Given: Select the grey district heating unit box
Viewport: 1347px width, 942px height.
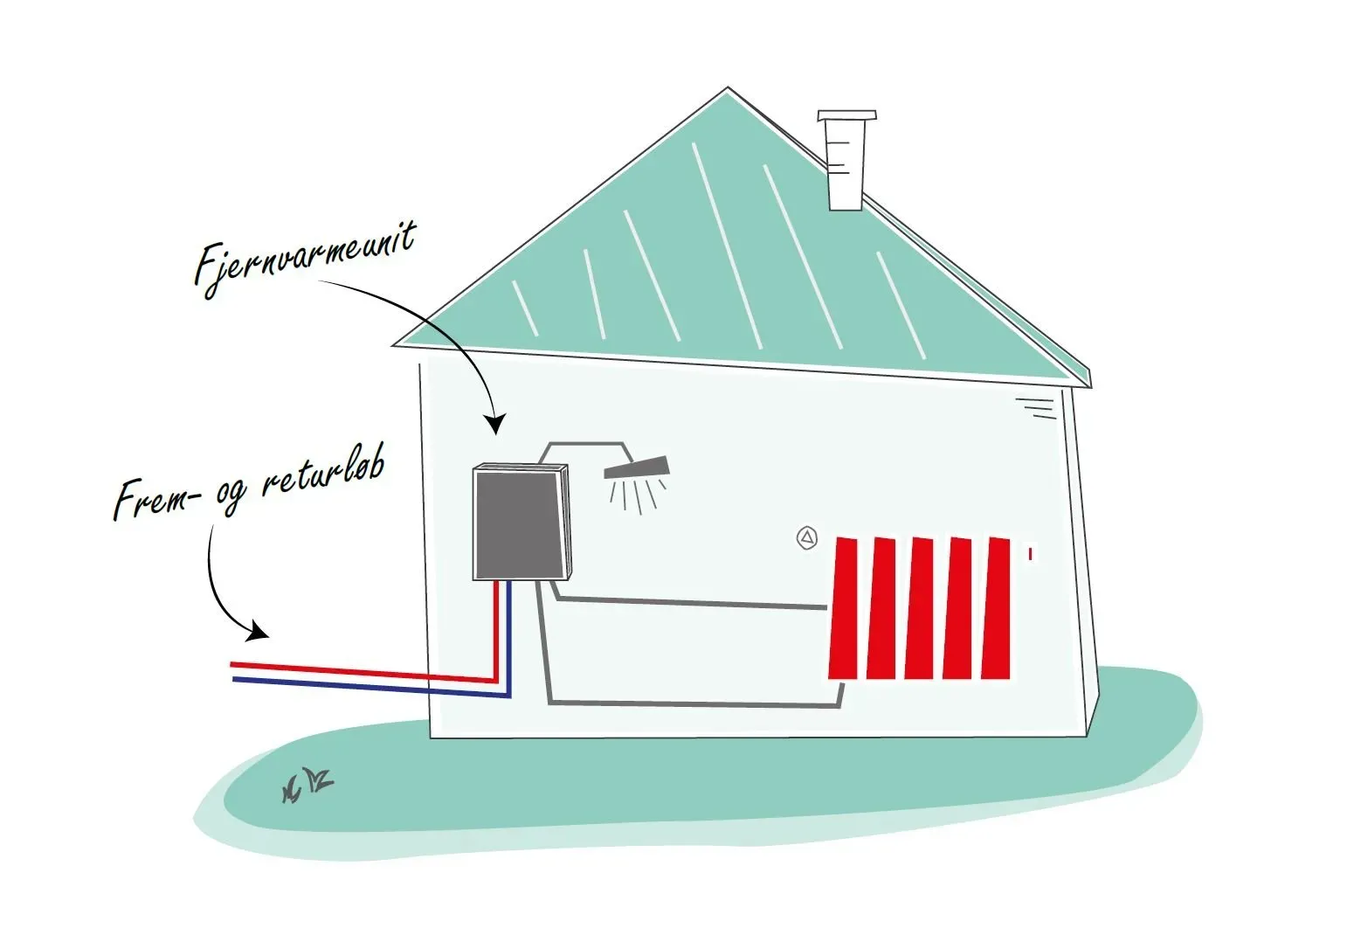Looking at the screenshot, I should click(519, 523).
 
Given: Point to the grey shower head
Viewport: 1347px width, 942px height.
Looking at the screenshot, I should click(637, 468).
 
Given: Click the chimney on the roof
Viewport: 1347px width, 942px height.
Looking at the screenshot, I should click(845, 161).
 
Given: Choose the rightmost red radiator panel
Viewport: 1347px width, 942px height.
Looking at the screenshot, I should click(997, 608).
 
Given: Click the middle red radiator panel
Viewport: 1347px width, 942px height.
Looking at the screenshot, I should click(920, 608).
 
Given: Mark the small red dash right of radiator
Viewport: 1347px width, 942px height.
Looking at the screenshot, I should click(1031, 553).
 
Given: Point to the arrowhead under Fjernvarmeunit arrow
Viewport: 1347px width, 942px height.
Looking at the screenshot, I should click(496, 426).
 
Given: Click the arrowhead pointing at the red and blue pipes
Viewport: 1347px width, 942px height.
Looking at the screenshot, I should click(258, 631).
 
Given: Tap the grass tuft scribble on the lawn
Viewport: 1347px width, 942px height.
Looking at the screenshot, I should click(307, 784).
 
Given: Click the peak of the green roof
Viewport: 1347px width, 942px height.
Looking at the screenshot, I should click(727, 91).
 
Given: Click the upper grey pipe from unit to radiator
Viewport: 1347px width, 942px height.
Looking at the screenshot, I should click(690, 602).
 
